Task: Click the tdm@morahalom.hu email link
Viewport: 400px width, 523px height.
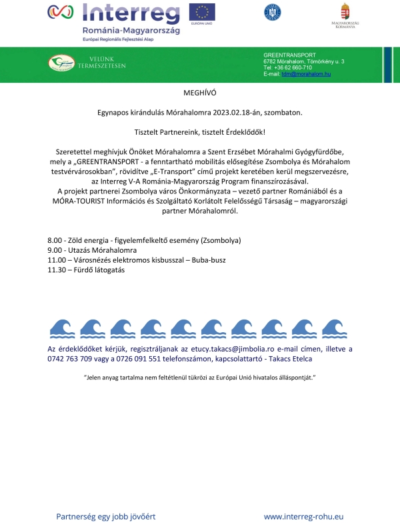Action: pos(306,73)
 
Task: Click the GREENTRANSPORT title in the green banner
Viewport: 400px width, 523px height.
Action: pos(290,55)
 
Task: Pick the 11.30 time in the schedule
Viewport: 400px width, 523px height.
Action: pos(57,270)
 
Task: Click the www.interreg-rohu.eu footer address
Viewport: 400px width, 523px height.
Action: pos(303,516)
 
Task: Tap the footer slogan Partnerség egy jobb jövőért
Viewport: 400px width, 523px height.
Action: pos(106,516)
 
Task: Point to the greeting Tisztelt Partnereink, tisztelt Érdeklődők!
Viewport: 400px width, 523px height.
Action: pos(200,131)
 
